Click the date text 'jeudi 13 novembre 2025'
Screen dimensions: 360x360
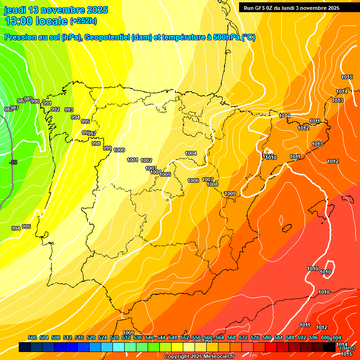(x=56, y=10)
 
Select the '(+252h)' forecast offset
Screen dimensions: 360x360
(x=83, y=21)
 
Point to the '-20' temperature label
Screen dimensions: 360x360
(x=13, y=162)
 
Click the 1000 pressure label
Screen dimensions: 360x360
(x=119, y=150)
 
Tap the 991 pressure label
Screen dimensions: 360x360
(x=47, y=103)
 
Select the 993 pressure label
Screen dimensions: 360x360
(x=69, y=110)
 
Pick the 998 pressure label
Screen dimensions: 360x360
(x=96, y=143)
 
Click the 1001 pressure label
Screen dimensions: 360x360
(x=133, y=160)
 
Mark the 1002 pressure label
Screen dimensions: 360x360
(x=146, y=160)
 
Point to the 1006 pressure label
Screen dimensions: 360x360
(x=193, y=180)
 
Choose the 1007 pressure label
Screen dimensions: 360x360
(x=208, y=180)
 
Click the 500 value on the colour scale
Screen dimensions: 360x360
(x=32, y=337)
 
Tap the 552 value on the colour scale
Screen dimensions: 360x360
(x=185, y=337)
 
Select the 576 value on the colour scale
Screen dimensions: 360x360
(x=255, y=337)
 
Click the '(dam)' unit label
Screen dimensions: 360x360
(x=347, y=348)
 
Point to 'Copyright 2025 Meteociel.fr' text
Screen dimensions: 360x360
(x=199, y=356)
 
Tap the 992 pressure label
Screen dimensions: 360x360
(x=55, y=109)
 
